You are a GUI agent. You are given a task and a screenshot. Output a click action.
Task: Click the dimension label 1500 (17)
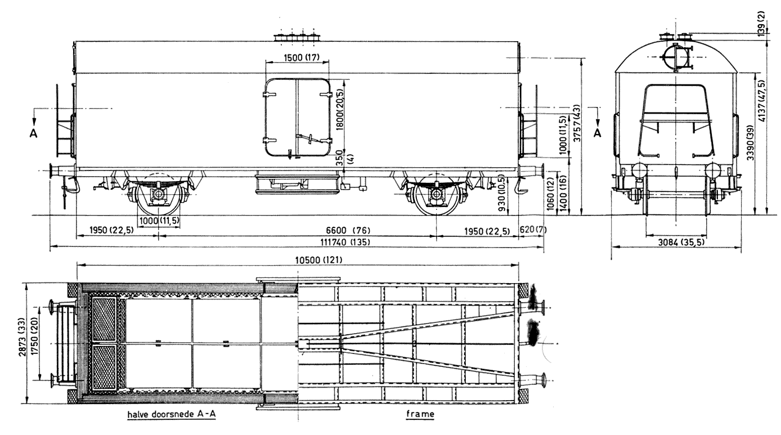tap(301, 57)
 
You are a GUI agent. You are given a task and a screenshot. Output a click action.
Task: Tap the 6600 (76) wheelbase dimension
tap(348, 230)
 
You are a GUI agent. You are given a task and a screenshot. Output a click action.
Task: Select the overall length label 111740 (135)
tap(345, 242)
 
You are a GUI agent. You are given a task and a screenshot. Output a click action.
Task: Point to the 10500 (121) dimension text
tap(318, 260)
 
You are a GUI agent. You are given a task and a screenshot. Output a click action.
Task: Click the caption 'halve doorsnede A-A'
tap(172, 414)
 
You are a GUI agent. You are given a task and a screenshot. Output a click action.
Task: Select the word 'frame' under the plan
tap(420, 414)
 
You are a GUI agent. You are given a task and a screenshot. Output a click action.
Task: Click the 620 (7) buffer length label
tap(533, 230)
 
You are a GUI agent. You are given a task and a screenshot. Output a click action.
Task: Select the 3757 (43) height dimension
tap(577, 123)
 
